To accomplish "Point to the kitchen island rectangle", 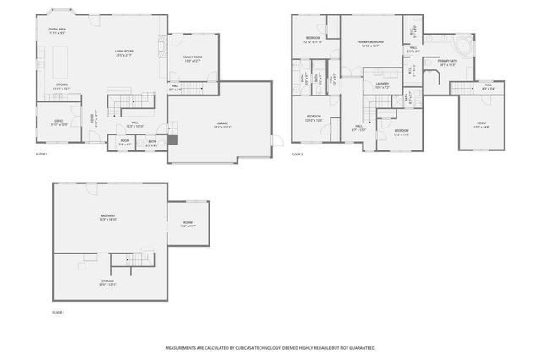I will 61,61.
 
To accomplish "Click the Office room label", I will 59,123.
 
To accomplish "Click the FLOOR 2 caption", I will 41,155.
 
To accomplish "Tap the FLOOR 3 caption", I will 297,155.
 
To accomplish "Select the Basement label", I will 108,217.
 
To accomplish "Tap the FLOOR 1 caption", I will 58,312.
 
